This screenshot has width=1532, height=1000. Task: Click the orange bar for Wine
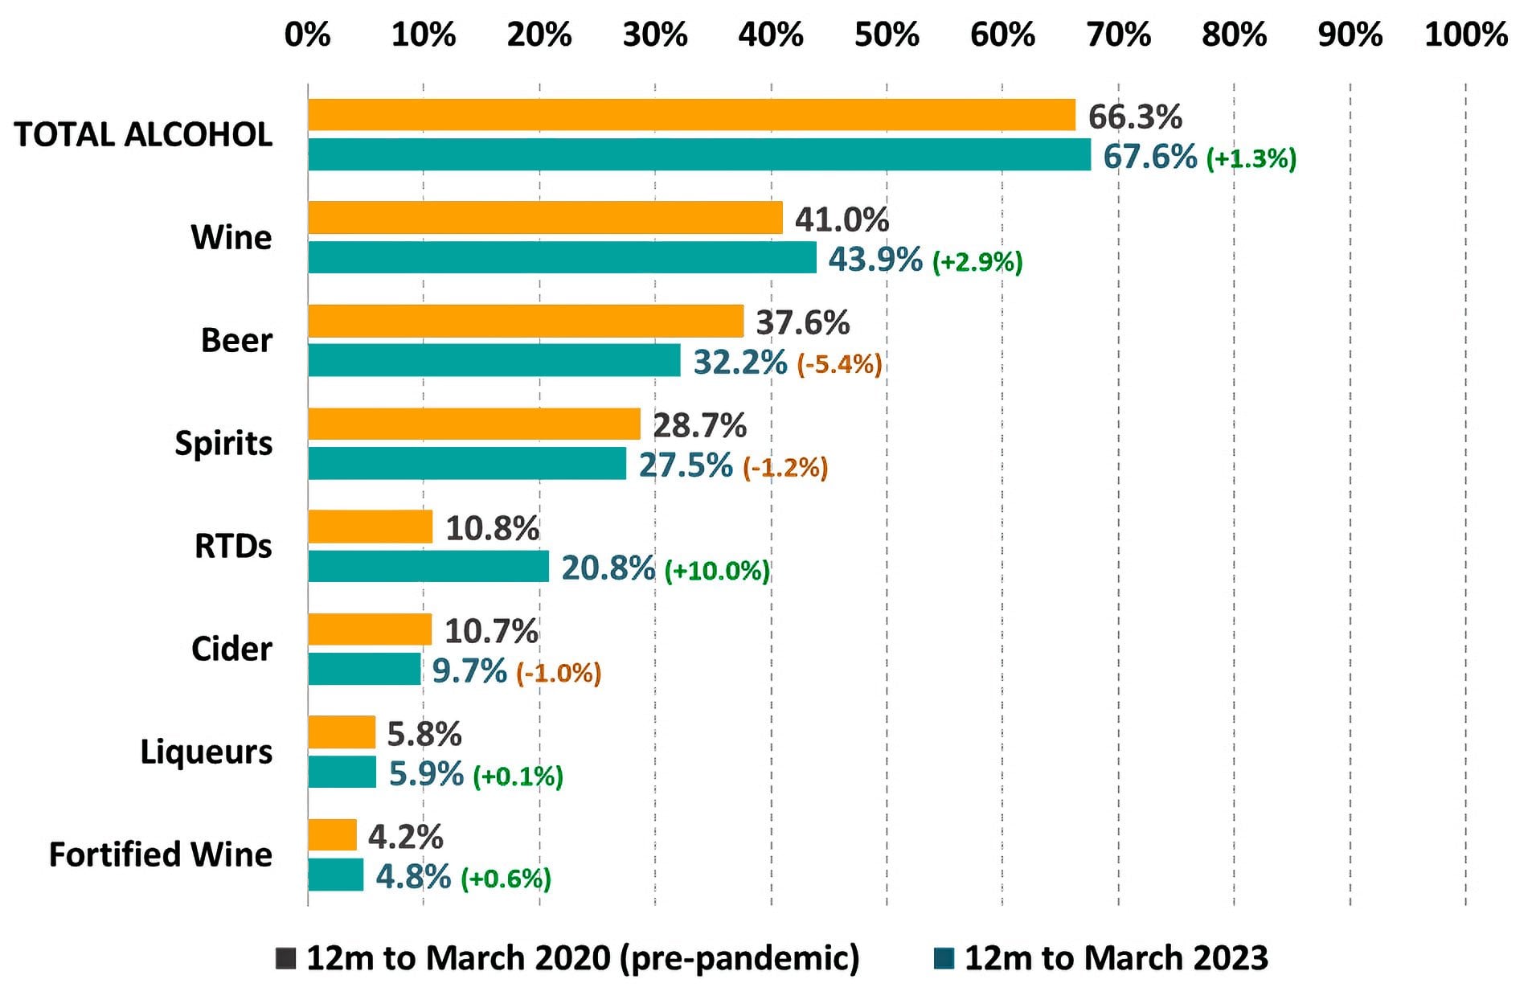(545, 218)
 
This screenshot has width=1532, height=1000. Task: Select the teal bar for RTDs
(428, 566)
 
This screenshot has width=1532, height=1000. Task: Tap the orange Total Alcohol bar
(691, 115)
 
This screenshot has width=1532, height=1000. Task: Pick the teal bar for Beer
(494, 360)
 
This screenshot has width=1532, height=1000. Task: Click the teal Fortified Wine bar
(335, 875)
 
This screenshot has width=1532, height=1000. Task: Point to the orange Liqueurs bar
(341, 732)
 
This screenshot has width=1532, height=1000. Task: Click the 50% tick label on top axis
(886, 35)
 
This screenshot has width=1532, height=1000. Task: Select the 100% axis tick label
(1465, 35)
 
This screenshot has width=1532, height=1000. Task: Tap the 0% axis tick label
(307, 35)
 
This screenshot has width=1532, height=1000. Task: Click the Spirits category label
(223, 443)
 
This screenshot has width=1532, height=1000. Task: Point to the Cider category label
(231, 649)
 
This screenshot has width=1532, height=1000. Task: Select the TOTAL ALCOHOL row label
(143, 134)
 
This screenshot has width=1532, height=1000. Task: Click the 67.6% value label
(1149, 156)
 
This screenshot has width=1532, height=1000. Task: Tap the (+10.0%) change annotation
(717, 571)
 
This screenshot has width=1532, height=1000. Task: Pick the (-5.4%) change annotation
(839, 364)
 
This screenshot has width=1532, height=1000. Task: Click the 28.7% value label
(699, 425)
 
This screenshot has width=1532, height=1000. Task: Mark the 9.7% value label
(469, 670)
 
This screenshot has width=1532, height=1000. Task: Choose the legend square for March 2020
(285, 957)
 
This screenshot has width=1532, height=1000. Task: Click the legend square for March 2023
(944, 957)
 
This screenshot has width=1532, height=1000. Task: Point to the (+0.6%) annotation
(506, 878)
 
